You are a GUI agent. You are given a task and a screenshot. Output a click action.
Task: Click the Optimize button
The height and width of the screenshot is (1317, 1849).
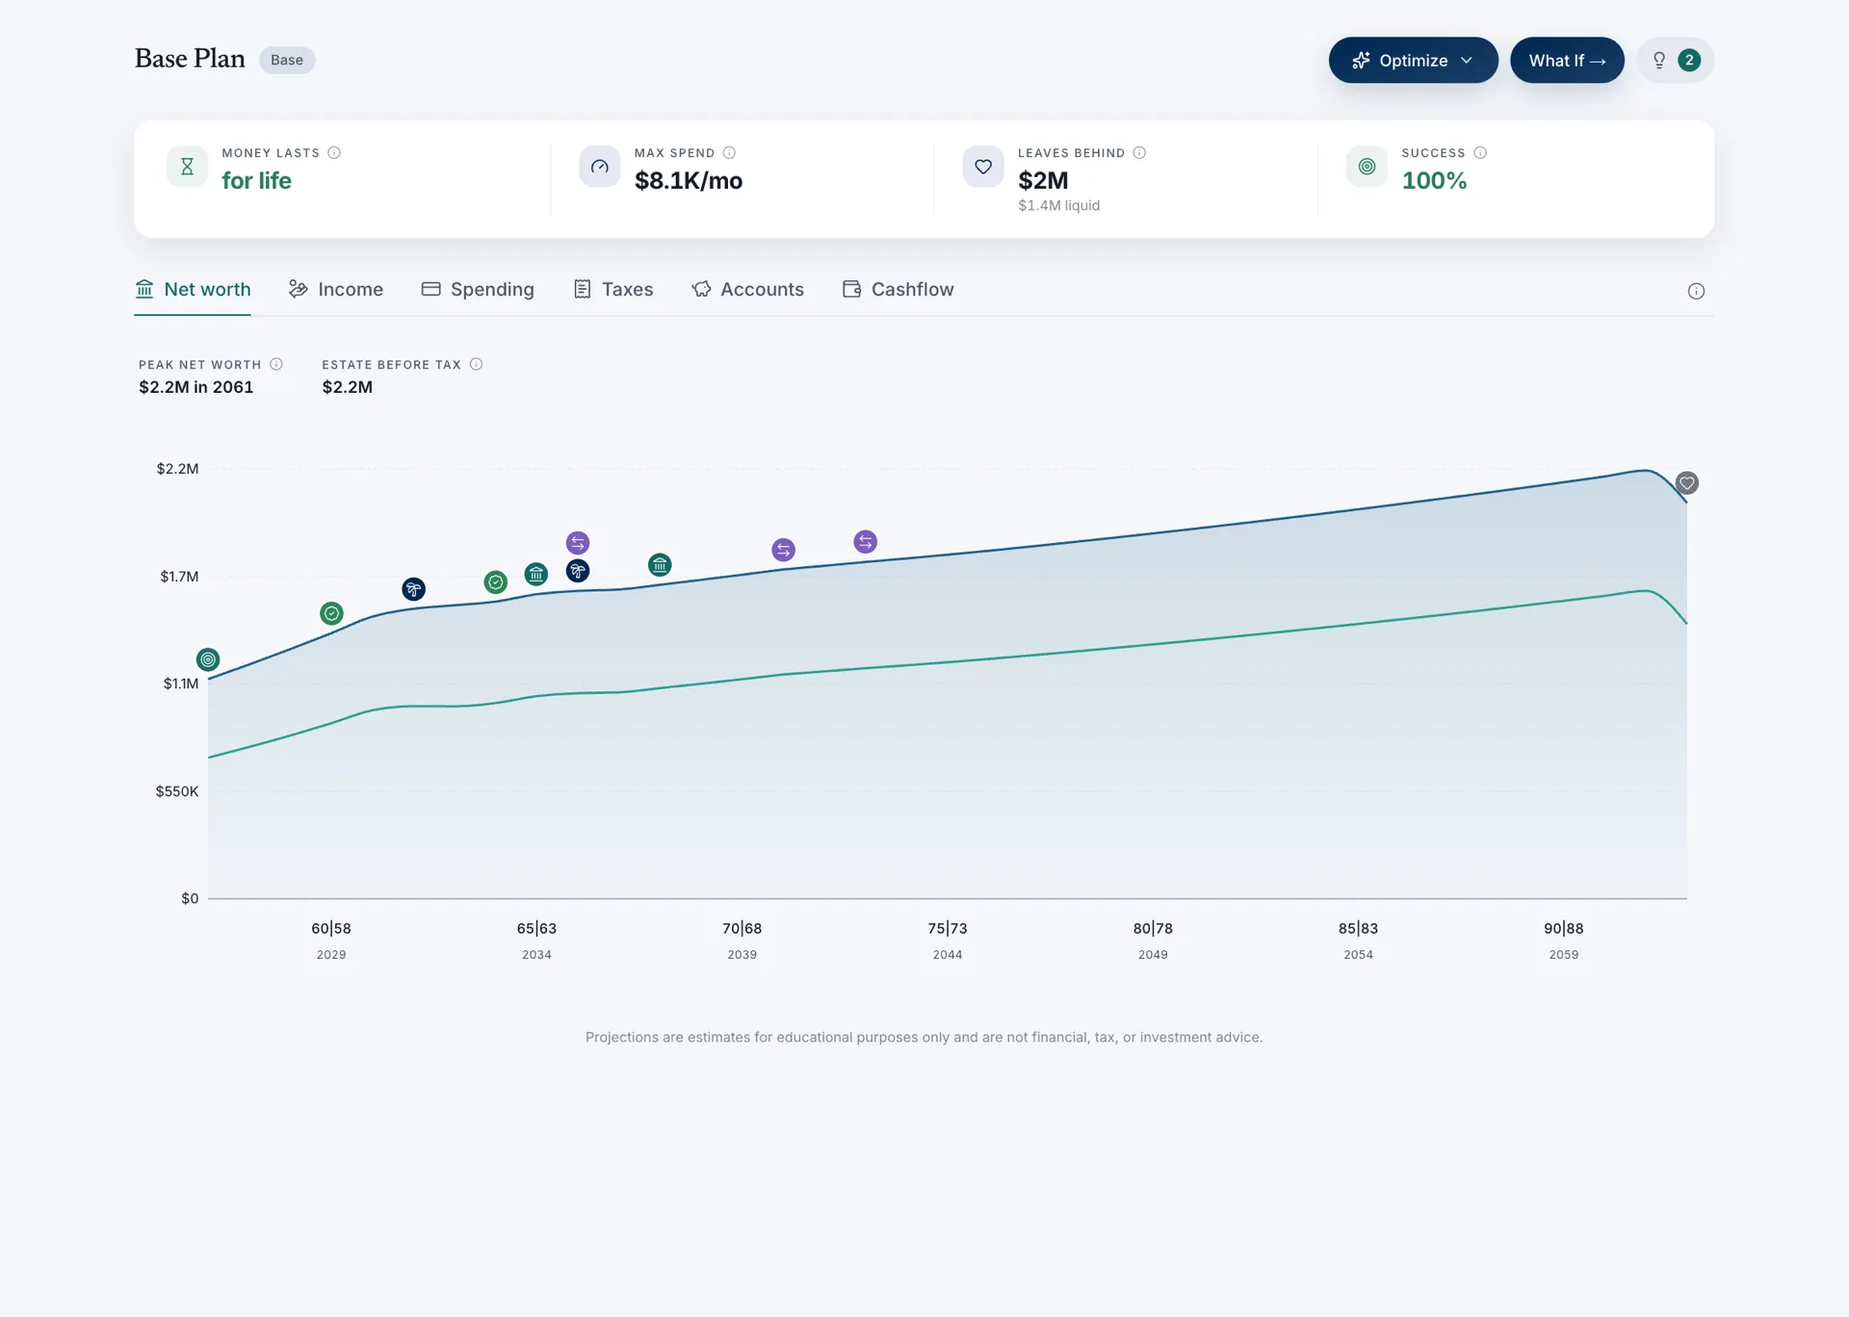click(1413, 60)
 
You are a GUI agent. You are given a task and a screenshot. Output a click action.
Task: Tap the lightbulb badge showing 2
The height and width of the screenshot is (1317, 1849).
click(1676, 60)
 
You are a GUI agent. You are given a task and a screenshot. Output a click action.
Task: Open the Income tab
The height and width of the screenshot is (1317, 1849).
click(336, 290)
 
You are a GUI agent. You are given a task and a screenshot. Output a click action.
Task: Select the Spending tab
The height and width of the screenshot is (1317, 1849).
click(478, 290)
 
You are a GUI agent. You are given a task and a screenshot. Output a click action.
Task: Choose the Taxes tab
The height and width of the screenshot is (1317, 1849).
click(613, 290)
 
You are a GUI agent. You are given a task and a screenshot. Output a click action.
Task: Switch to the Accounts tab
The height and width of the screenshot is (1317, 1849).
click(747, 290)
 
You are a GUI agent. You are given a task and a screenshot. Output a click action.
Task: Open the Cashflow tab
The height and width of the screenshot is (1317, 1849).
click(898, 290)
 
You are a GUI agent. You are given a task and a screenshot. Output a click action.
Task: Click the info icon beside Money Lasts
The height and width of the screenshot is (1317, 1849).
click(334, 152)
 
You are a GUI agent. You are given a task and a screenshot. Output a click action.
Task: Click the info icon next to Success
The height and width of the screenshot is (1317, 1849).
click(1480, 152)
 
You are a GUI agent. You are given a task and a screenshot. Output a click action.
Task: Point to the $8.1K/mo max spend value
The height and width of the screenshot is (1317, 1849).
click(689, 181)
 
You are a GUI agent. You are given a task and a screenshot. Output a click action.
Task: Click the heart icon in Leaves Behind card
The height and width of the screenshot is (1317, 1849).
click(983, 167)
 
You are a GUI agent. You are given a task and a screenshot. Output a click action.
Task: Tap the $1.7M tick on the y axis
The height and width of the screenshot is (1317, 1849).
click(179, 577)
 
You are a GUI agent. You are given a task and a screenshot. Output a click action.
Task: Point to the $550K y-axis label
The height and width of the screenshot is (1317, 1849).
click(177, 791)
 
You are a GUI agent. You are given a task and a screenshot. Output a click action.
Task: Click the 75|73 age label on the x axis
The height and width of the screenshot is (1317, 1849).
click(948, 928)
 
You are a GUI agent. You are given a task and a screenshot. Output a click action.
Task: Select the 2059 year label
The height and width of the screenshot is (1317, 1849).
click(1564, 955)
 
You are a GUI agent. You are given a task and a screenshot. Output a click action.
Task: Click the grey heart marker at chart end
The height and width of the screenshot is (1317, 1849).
click(1687, 483)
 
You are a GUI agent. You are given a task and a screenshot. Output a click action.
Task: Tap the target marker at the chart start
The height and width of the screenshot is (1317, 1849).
click(208, 659)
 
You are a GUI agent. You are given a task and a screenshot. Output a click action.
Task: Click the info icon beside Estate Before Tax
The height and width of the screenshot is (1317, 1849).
click(476, 364)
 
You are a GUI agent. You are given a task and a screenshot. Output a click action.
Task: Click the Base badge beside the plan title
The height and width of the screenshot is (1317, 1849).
click(287, 60)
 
